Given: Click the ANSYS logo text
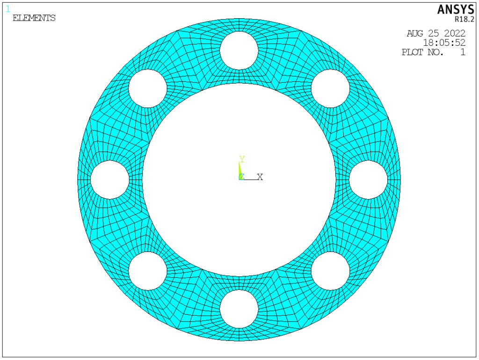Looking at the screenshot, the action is tap(456, 9).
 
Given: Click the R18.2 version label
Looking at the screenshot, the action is tap(464, 19).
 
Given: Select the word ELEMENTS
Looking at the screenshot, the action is tap(34, 18).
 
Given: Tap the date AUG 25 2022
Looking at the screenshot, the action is tap(436, 33).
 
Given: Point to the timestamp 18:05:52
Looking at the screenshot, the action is tap(444, 43).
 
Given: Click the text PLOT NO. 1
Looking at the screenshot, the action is tap(434, 52).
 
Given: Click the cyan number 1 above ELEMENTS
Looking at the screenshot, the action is tap(8, 9).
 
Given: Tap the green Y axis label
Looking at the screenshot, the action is tap(242, 159).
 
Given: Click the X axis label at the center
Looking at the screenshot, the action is tap(260, 177).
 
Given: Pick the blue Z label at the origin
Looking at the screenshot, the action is tap(241, 177).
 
